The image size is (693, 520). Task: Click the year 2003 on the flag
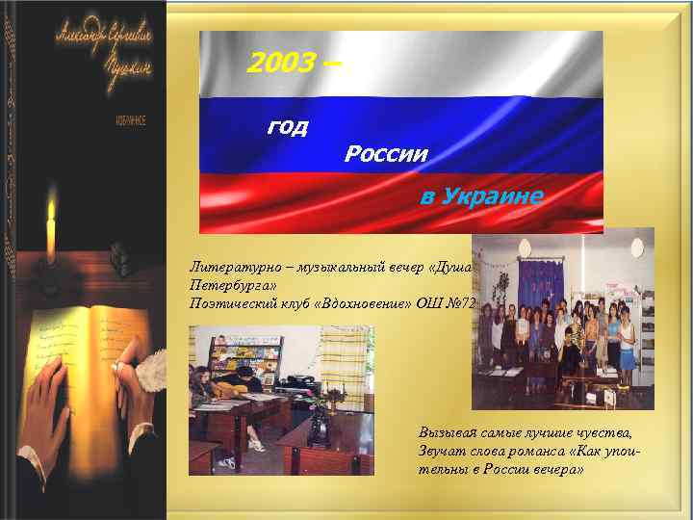click(x=280, y=64)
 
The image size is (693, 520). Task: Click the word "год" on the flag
click(x=287, y=127)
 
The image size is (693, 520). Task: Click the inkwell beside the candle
click(x=119, y=255)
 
